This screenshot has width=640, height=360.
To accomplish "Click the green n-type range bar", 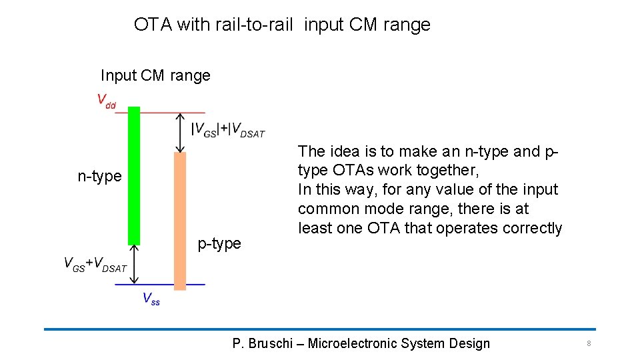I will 133,175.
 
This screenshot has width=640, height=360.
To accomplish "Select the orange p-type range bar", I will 179,221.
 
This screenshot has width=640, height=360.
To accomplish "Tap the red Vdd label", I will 106,101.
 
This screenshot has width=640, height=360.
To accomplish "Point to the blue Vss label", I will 151,299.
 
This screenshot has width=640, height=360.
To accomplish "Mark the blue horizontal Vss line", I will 160,285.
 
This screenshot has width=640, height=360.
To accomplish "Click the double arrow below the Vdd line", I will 179,132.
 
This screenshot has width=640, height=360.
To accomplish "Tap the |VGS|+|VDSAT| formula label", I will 228,130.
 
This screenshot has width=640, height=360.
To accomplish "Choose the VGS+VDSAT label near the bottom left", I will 95,264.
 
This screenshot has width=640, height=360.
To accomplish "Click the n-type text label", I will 100,176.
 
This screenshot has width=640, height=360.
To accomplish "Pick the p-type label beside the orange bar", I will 219,244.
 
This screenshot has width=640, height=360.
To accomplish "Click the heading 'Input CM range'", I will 155,76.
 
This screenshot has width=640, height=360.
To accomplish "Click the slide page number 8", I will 589,343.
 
